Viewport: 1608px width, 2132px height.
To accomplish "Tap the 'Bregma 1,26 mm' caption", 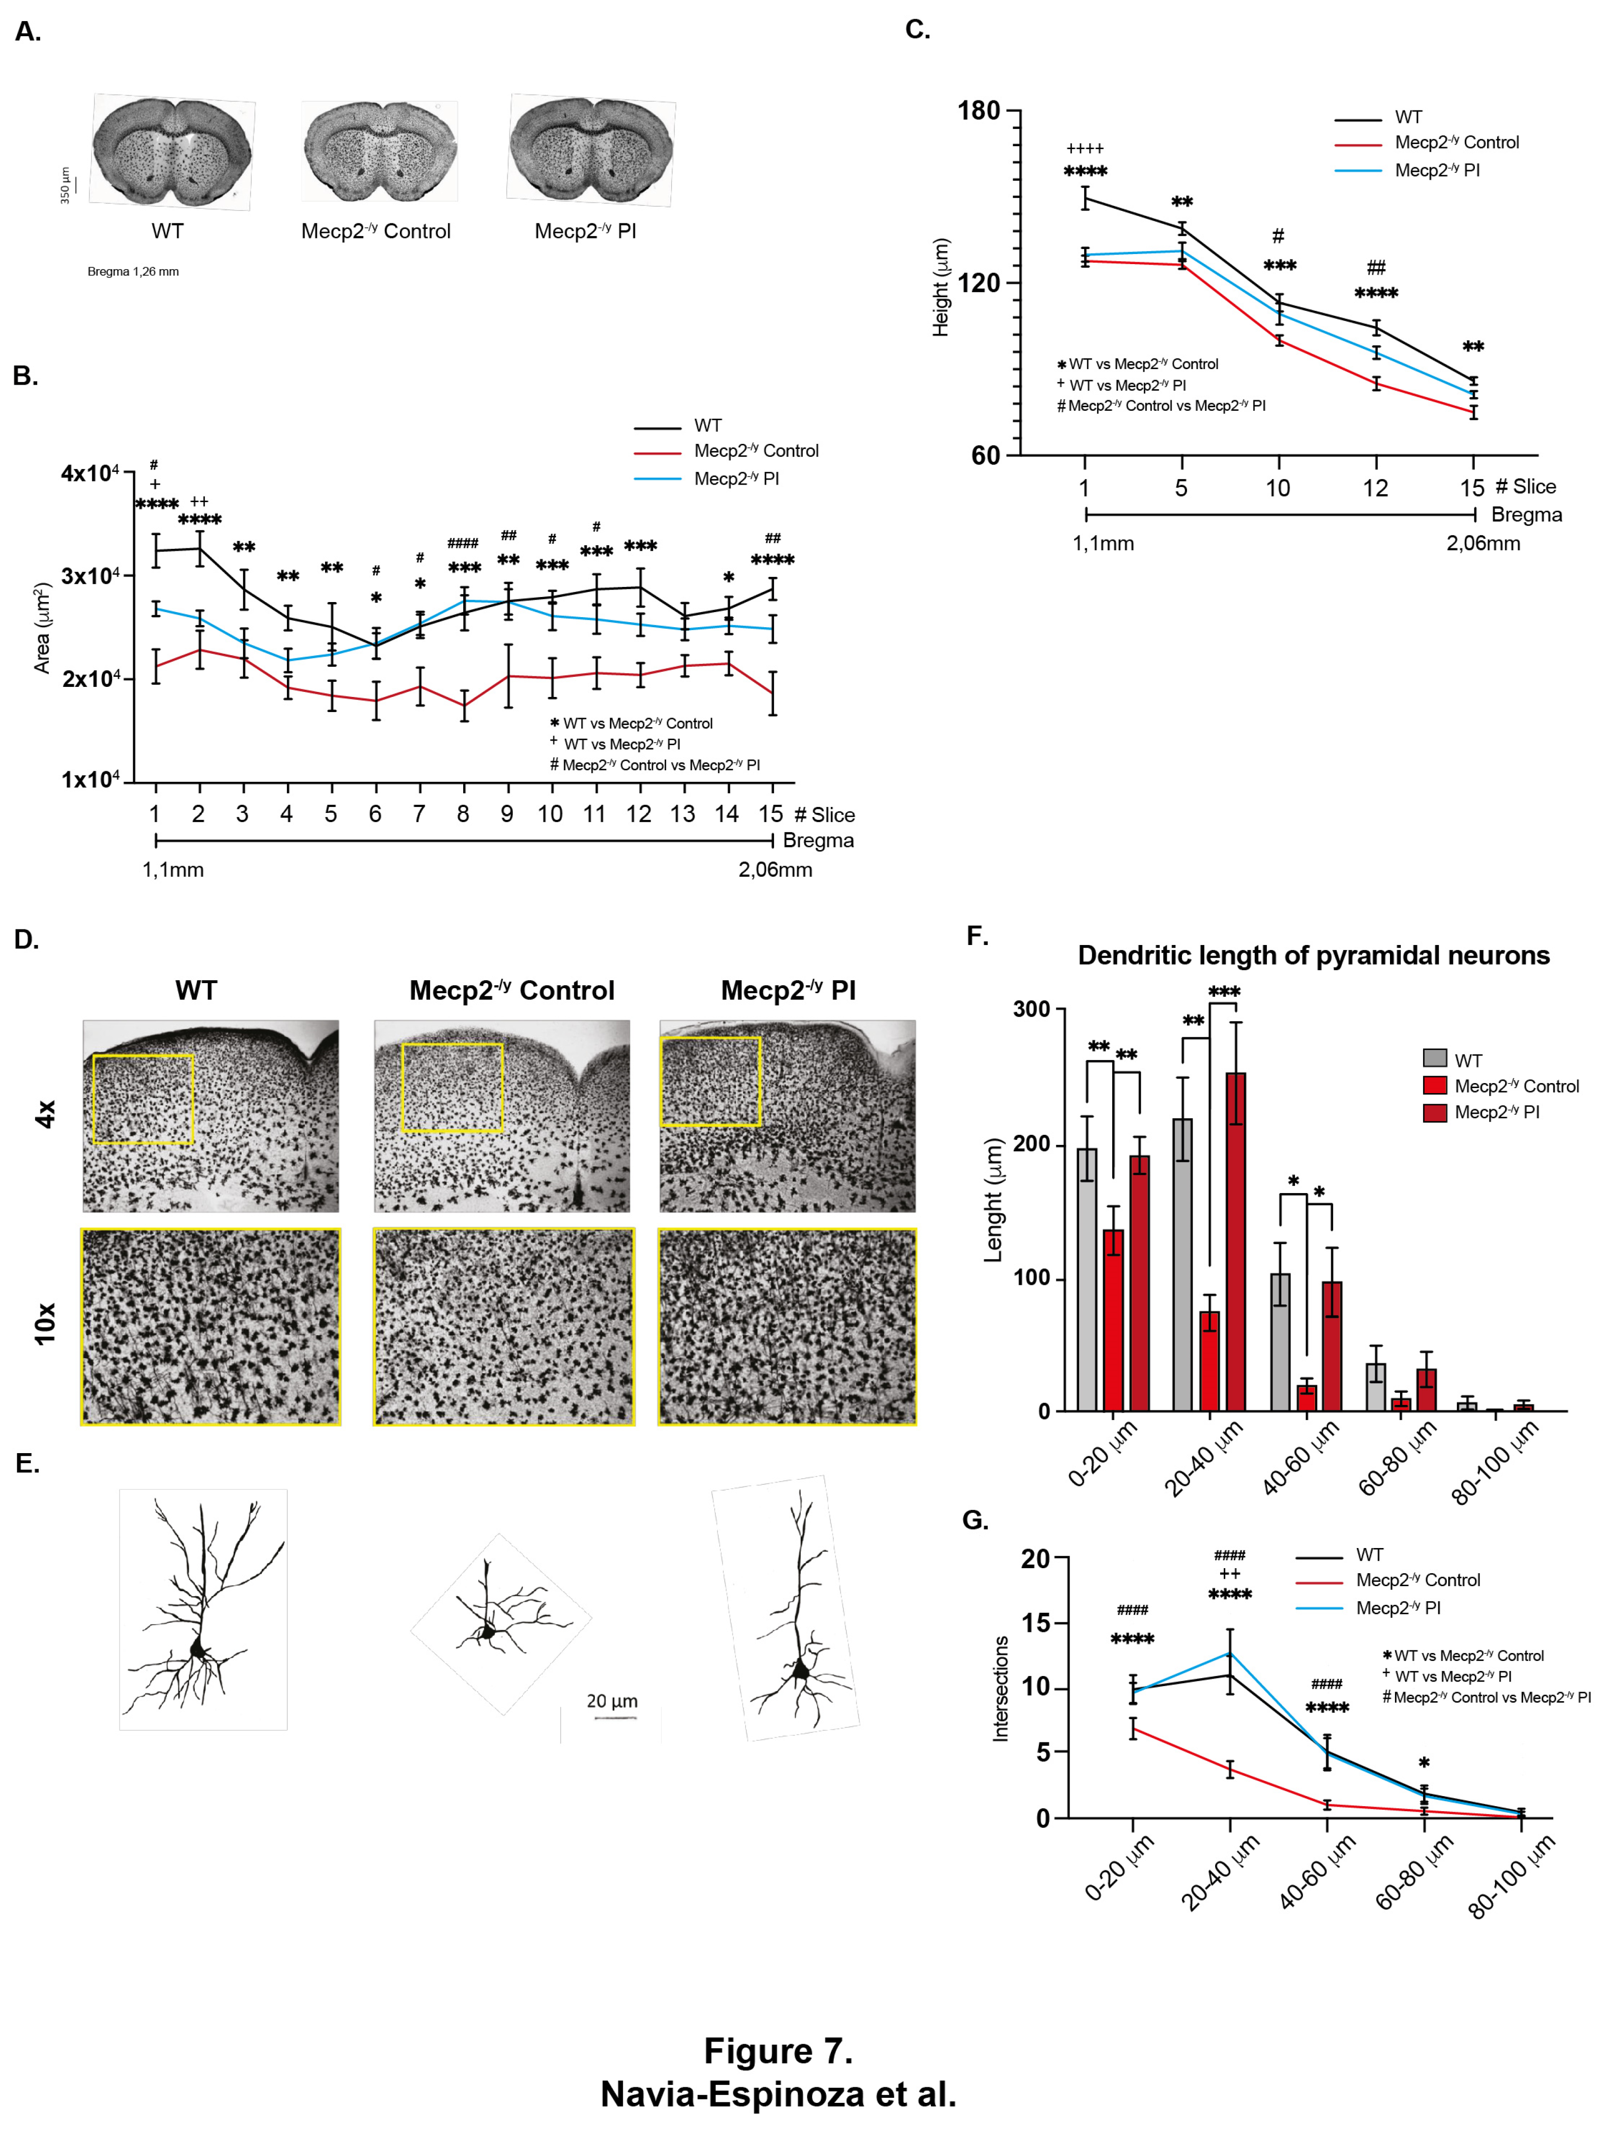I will click(x=133, y=272).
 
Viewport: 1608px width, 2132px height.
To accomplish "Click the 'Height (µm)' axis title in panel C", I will click(x=941, y=287).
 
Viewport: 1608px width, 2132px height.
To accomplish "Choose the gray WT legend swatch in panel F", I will click(x=1435, y=1058).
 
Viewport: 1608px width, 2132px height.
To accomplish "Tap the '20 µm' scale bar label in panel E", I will click(x=612, y=1701).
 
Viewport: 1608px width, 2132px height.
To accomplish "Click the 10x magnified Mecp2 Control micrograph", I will click(x=503, y=1326).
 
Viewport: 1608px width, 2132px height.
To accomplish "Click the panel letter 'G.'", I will click(x=976, y=1520).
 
